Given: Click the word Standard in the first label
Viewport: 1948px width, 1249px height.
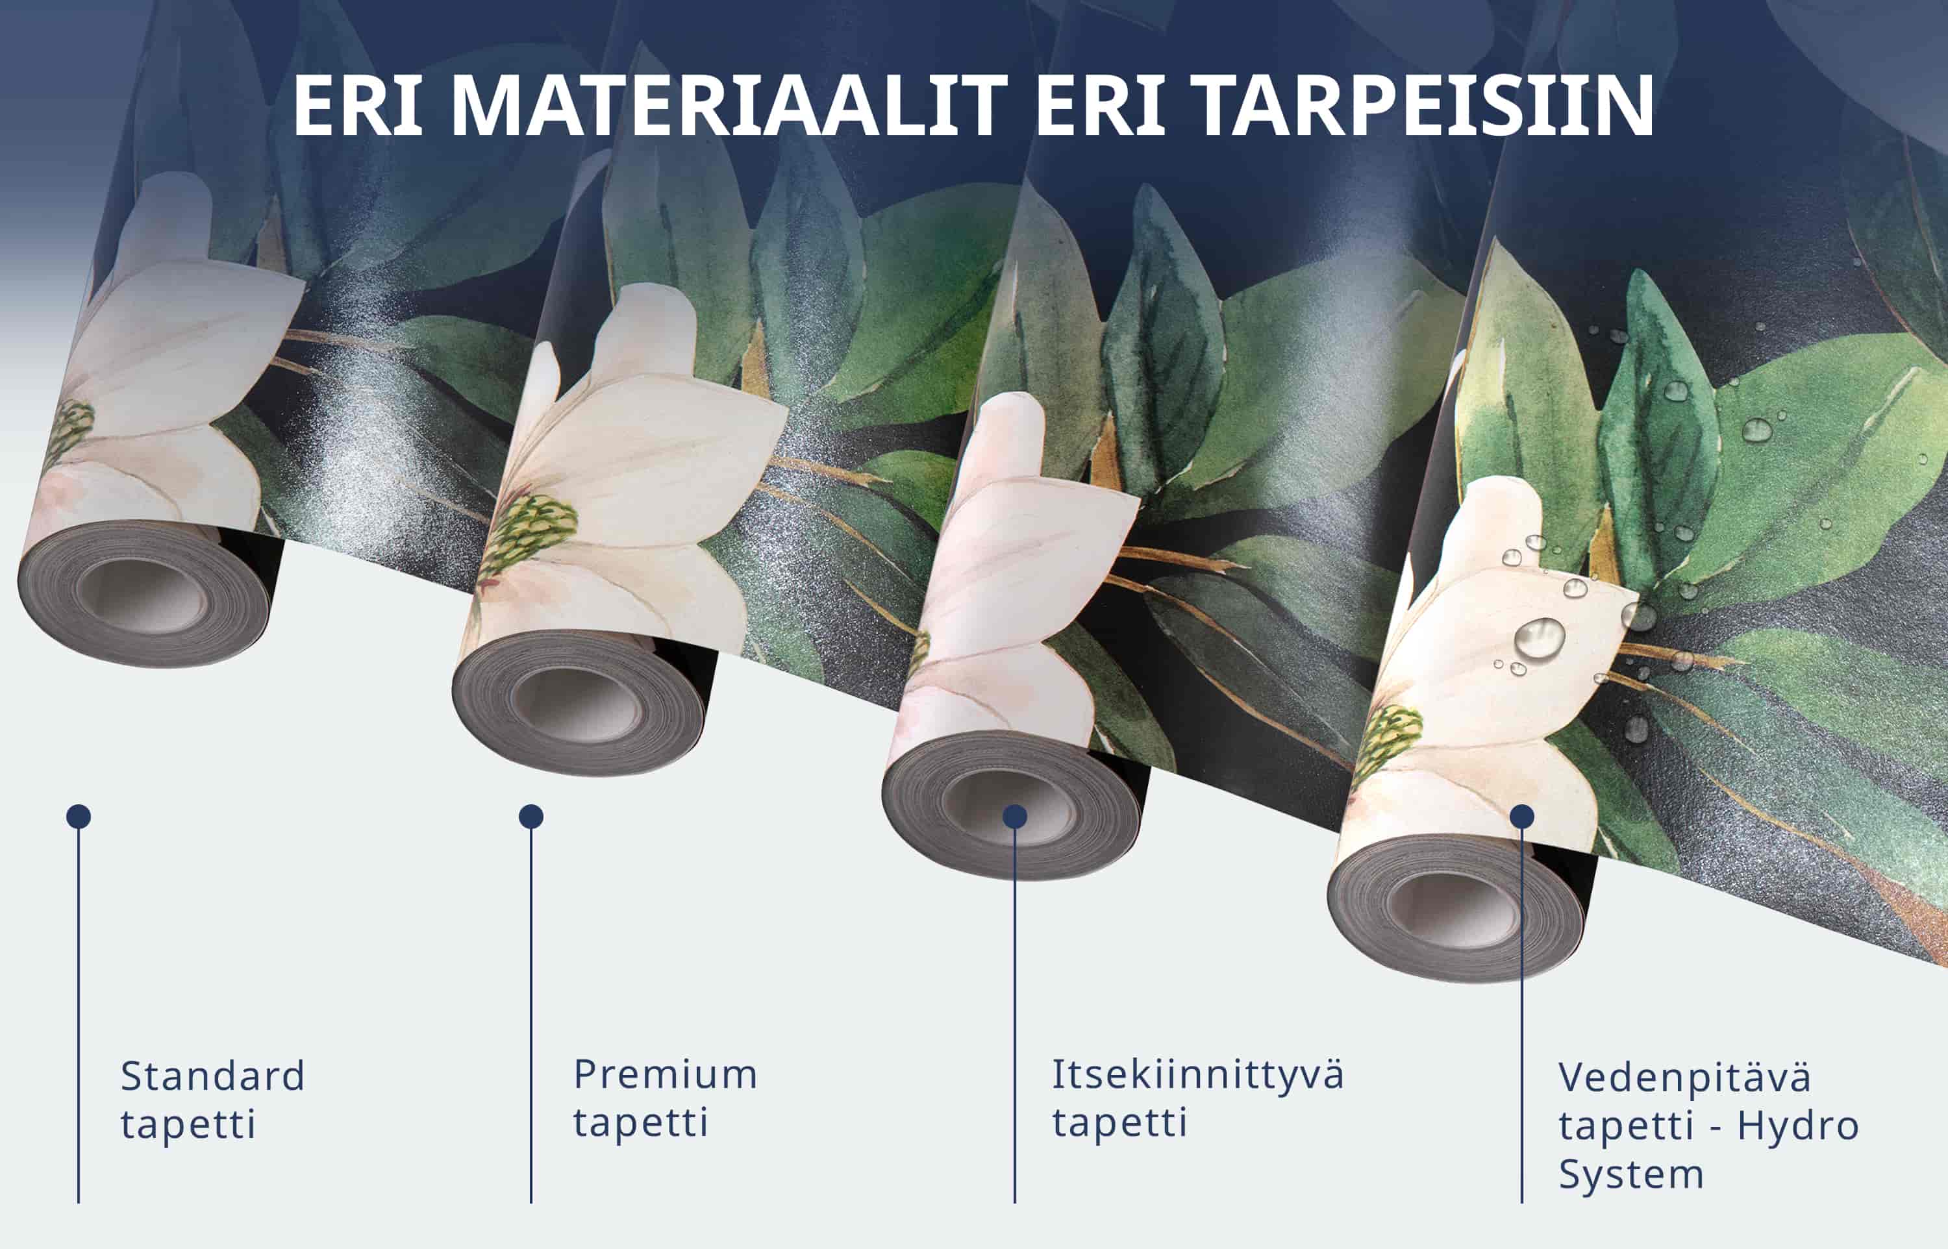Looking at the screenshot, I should click(x=212, y=1077).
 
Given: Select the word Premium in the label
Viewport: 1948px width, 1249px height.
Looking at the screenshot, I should click(x=665, y=1074).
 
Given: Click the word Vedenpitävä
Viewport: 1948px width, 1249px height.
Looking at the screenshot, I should click(x=1684, y=1078).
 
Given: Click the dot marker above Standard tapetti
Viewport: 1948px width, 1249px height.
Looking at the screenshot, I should click(x=79, y=817).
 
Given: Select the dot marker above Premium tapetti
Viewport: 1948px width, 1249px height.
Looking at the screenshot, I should click(x=531, y=817).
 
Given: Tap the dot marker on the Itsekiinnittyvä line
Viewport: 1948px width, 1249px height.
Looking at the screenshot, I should click(x=1014, y=817).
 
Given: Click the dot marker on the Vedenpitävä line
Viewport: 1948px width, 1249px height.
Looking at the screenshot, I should click(x=1522, y=817).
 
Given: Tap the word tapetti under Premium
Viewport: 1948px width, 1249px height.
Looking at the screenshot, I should click(x=641, y=1122).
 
